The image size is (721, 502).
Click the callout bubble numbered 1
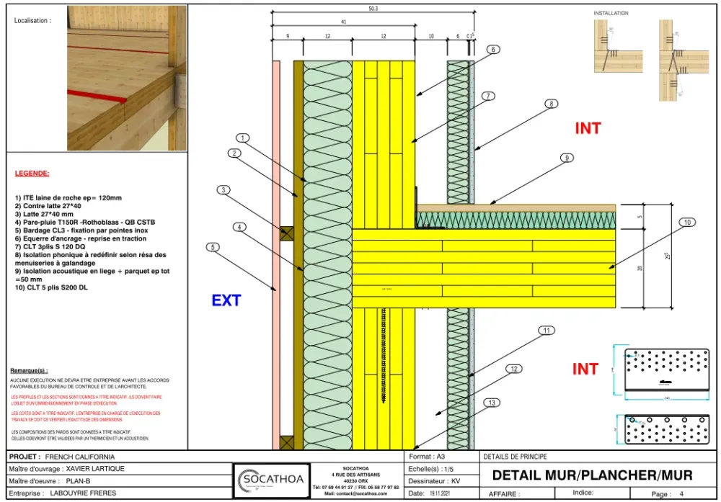pos(243,138)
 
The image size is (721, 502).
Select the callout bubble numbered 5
pos(212,247)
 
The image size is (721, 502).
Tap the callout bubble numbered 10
pos(687,223)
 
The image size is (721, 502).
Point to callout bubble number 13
pos(492,403)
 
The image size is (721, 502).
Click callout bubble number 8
pos(552,104)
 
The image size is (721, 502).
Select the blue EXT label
pos(226,300)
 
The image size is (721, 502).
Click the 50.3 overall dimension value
pos(372,9)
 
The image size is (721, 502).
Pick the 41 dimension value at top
pos(343,22)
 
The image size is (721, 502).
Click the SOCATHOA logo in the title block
pos(272,478)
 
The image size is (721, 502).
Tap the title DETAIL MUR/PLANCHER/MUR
pos(592,475)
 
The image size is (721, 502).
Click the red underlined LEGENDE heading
pos(32,174)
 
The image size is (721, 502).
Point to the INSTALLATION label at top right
pos(611,13)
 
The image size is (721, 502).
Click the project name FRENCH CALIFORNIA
pos(79,457)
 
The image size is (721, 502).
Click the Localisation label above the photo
pos(32,21)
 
